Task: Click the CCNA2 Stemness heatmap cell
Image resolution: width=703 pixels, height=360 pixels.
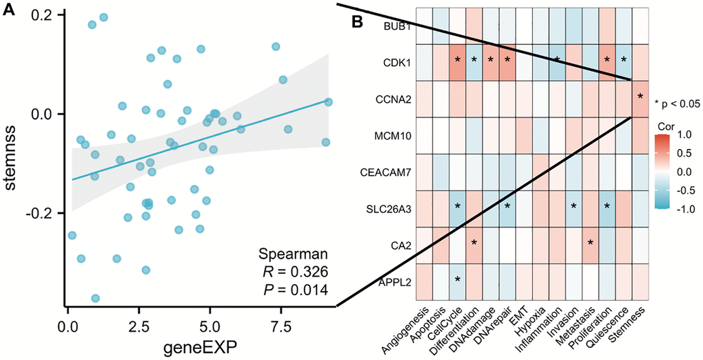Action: coord(640,99)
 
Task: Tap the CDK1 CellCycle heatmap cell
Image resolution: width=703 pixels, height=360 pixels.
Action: coord(458,62)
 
